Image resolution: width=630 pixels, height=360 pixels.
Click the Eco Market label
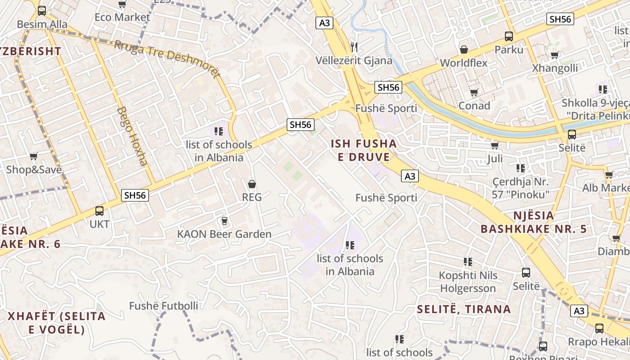point(122,17)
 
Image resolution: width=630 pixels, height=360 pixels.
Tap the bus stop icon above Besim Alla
point(42,11)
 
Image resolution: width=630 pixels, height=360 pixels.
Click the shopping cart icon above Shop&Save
point(33,157)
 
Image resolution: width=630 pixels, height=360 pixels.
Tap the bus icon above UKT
point(99,211)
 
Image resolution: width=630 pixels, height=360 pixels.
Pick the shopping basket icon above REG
point(252,184)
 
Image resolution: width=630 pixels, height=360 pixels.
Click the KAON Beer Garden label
point(224,234)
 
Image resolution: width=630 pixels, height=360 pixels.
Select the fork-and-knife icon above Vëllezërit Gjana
point(354,47)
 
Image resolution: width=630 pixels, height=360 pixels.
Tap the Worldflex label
point(463,63)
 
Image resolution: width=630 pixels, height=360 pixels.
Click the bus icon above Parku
point(509,36)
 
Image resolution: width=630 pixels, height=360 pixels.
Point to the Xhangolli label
point(555,68)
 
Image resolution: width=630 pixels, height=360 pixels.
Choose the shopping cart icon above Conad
point(474,93)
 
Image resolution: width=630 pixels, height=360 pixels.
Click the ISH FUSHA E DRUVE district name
point(364,150)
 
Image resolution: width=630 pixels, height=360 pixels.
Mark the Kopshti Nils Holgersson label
point(468,282)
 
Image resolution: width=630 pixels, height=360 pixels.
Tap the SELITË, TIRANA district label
point(463,309)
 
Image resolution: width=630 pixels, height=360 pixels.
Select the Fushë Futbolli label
point(163,306)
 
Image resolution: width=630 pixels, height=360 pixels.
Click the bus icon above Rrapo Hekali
point(599,328)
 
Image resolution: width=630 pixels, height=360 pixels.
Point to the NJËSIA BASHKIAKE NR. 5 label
point(533,222)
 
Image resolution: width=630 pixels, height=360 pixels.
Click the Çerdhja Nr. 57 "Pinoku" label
point(521,188)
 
